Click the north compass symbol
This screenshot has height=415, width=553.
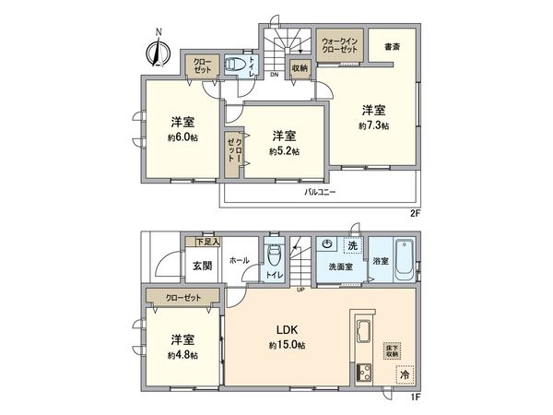click(x=158, y=51)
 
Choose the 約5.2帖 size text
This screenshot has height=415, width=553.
click(x=284, y=151)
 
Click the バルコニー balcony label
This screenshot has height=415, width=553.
click(x=320, y=193)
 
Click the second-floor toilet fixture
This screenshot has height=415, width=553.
click(x=236, y=65)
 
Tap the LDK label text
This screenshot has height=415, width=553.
click(x=284, y=329)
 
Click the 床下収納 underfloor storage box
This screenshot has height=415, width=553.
click(x=391, y=350)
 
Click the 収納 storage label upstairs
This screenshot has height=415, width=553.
click(x=300, y=67)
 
